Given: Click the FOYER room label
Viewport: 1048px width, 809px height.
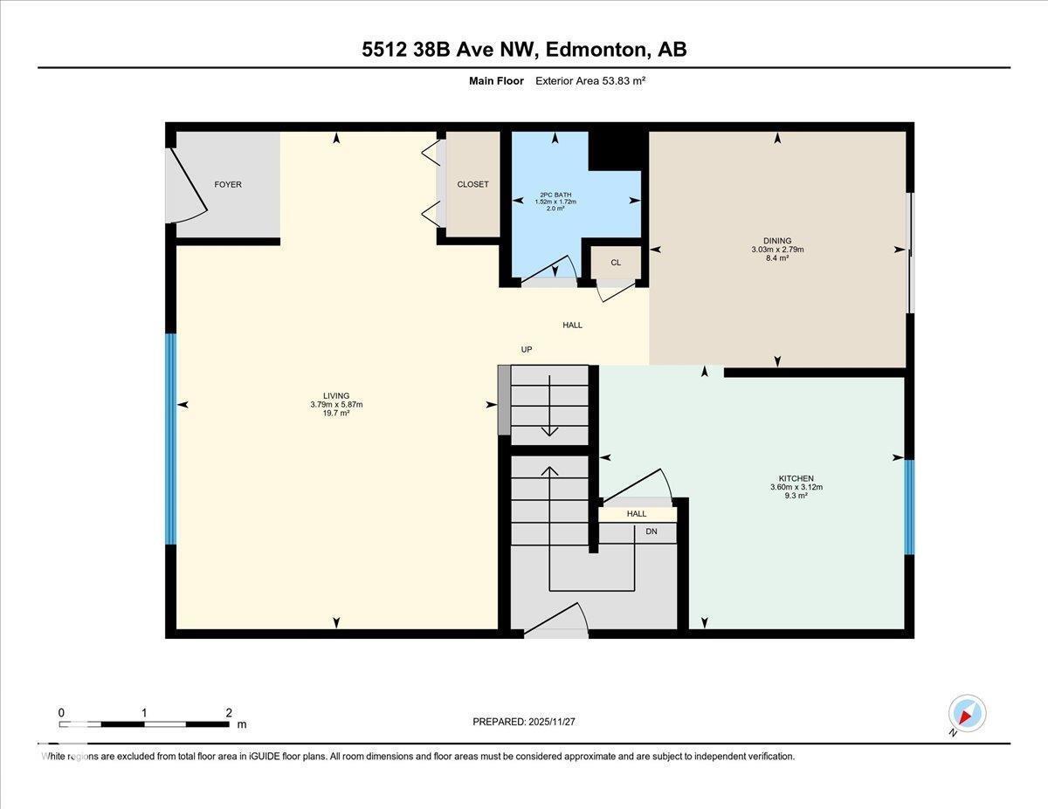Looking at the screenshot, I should pyautogui.click(x=228, y=184).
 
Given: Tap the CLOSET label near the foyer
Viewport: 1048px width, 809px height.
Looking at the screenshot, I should pyautogui.click(x=472, y=184).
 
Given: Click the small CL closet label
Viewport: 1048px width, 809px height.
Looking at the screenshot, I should pyautogui.click(x=616, y=262).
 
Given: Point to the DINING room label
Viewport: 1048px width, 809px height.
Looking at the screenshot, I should pyautogui.click(x=776, y=241).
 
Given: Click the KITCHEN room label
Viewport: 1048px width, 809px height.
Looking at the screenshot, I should pyautogui.click(x=796, y=478).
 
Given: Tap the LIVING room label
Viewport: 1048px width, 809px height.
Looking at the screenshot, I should pyautogui.click(x=335, y=395).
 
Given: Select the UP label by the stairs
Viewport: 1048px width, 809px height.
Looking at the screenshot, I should pyautogui.click(x=527, y=349).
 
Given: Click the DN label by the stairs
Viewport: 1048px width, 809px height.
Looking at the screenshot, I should pyautogui.click(x=652, y=531).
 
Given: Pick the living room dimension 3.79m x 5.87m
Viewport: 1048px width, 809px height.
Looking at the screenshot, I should pyautogui.click(x=335, y=404).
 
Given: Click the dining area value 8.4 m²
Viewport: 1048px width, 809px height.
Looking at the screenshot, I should pyautogui.click(x=776, y=258).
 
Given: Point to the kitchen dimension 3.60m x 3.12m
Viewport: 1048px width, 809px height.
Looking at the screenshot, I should pyautogui.click(x=796, y=487).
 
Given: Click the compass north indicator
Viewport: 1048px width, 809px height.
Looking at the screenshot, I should pyautogui.click(x=966, y=714).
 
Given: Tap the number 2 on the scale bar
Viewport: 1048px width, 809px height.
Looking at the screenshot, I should pyautogui.click(x=228, y=712).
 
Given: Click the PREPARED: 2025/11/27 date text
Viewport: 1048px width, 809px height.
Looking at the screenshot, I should pyautogui.click(x=524, y=722).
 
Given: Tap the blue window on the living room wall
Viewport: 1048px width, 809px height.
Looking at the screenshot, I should pyautogui.click(x=171, y=439).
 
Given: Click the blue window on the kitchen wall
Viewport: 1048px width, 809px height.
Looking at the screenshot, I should pyautogui.click(x=909, y=507).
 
